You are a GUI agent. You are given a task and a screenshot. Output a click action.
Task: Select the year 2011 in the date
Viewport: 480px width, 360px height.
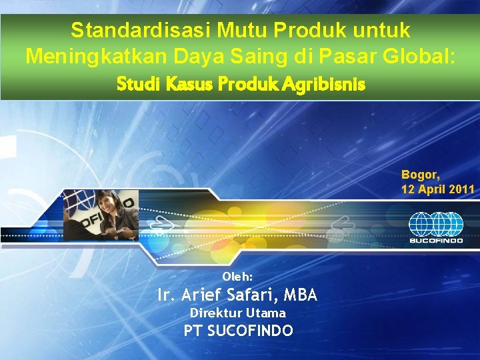click(462, 189)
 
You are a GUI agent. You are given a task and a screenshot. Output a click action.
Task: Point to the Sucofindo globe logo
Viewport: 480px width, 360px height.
click(436, 224)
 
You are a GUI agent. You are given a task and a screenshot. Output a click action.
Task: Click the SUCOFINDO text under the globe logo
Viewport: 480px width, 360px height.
click(436, 241)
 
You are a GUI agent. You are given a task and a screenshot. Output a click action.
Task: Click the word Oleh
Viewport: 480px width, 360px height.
click(237, 277)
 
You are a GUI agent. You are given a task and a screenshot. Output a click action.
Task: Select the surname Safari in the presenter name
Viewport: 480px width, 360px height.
click(251, 295)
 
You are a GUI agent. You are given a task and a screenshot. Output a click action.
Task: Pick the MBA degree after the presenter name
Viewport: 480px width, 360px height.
click(300, 295)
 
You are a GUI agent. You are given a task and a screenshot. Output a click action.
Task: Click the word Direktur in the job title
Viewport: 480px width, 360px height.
click(216, 313)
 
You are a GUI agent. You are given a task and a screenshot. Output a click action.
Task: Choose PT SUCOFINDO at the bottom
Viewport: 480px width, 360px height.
click(238, 331)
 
